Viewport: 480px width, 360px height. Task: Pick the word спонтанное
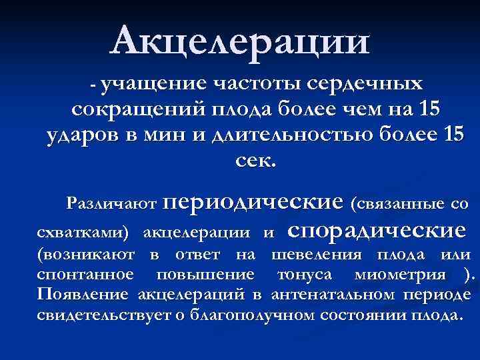click(x=85, y=275)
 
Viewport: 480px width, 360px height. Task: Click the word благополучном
click(x=252, y=315)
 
